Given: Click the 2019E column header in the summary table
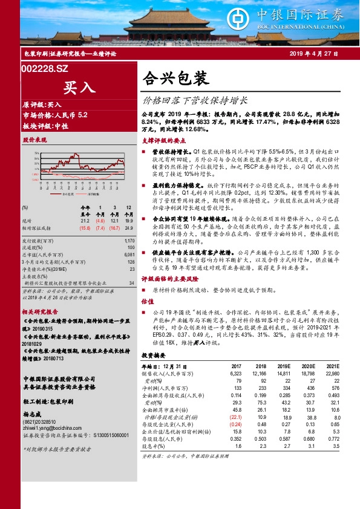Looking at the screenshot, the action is pyautogui.click(x=283, y=366).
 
